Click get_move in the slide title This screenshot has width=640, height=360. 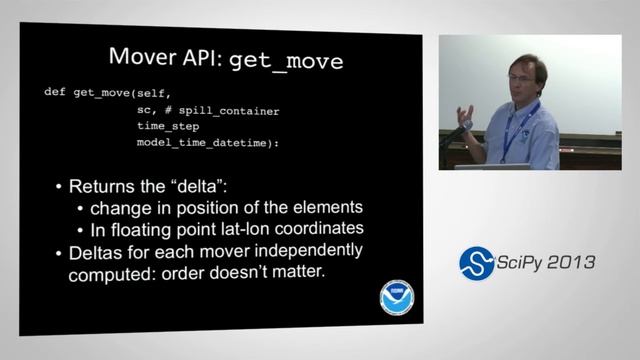point(287,60)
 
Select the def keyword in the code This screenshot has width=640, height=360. point(54,92)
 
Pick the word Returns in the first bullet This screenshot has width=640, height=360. point(104,187)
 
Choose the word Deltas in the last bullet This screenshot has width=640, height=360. point(98,250)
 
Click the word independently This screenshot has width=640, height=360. point(310,250)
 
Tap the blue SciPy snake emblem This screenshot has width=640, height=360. point(477,262)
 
